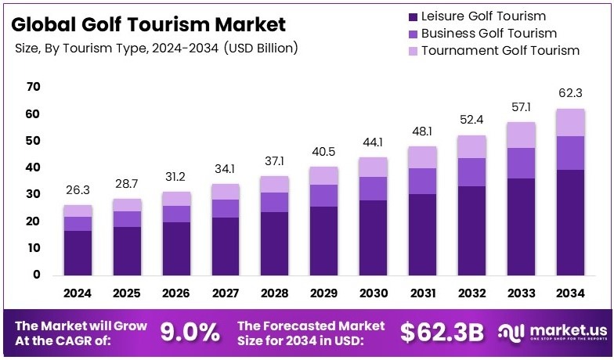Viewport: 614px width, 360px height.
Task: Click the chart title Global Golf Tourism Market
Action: tap(148, 24)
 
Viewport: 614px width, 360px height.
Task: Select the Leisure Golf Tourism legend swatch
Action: tap(411, 16)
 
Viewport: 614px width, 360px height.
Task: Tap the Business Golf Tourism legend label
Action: tap(489, 34)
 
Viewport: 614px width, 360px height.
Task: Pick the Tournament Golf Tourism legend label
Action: tap(500, 51)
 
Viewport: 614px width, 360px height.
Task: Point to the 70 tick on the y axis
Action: tap(33, 87)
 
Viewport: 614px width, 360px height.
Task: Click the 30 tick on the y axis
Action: tap(33, 194)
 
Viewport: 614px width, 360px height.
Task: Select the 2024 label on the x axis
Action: tap(78, 293)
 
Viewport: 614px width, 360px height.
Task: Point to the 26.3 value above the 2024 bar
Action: tap(78, 189)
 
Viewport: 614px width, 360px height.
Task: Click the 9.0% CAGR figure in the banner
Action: tap(190, 332)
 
